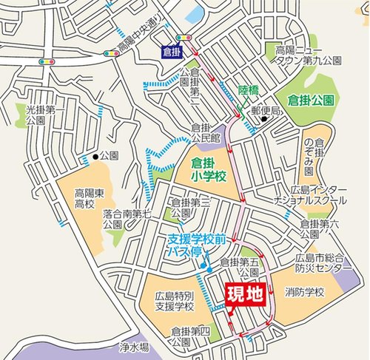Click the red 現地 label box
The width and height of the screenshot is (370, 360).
(x=243, y=294)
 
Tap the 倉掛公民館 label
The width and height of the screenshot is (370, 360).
(x=206, y=132)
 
